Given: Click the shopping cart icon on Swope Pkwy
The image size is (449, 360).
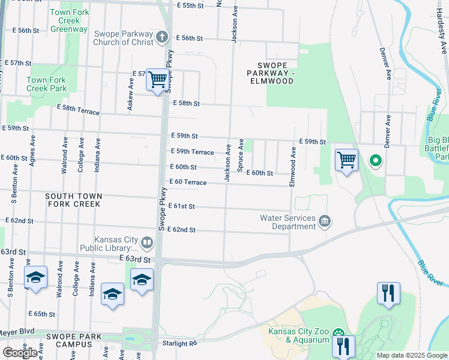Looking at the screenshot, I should tap(157, 79).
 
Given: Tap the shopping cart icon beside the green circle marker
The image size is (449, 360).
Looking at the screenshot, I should tap(346, 160).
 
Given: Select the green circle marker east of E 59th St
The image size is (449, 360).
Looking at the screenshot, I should tap(376, 160).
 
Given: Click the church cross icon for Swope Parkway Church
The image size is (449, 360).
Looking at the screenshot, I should tap(161, 37).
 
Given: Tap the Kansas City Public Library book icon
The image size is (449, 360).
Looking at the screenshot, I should tap(148, 243).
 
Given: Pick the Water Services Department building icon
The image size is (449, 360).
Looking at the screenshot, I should tap(325, 221).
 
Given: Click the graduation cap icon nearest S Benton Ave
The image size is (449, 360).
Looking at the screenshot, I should tap(35, 277).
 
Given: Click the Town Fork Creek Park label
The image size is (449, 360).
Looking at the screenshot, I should tap(46, 84).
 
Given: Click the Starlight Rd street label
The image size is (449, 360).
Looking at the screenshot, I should tap(179, 343).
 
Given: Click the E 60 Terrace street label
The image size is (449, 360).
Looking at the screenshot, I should tap(188, 182).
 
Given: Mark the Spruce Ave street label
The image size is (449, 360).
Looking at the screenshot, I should tap(241, 155).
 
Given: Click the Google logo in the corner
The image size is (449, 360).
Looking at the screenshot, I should tap(20, 352).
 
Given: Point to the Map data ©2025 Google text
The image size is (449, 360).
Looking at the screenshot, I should tap(411, 355).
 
